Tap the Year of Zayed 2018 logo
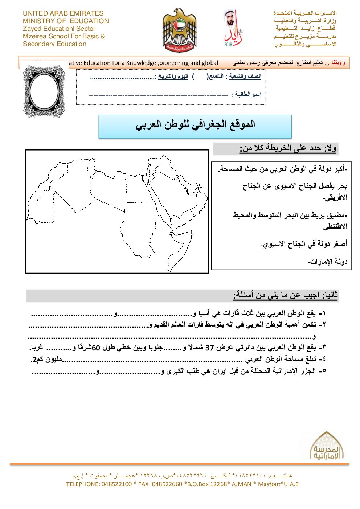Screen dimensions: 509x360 (232, 28)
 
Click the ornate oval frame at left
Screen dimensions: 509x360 (44, 91)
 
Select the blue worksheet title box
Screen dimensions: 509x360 (195, 126)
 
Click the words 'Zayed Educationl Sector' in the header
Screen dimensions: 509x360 (59, 29)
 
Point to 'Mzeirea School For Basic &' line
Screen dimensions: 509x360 (64, 36)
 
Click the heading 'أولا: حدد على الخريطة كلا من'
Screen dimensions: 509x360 (289, 148)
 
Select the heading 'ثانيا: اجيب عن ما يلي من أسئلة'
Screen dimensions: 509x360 (285, 295)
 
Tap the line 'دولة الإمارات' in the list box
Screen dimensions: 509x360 (328, 262)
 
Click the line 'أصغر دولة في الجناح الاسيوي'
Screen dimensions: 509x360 (304, 244)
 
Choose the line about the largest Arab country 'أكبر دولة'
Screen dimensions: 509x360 (283, 169)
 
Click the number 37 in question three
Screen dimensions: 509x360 (210, 348)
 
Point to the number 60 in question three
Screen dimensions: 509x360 (96, 348)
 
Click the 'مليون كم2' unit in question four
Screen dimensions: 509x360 (47, 359)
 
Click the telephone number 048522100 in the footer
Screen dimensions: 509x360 (116, 484)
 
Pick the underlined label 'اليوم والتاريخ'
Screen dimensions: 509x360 (173, 77)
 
